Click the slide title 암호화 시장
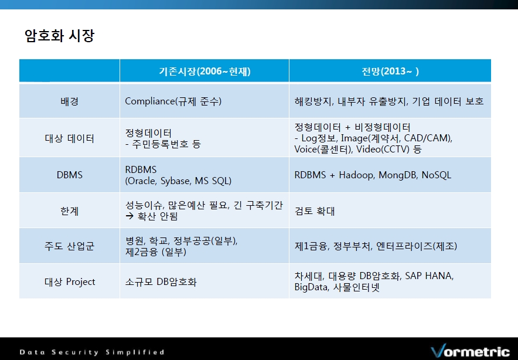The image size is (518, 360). [59, 36]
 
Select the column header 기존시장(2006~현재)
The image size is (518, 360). [205, 71]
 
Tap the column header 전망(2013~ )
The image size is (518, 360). [390, 71]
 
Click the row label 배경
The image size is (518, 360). [69, 101]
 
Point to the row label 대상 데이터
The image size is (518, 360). [69, 138]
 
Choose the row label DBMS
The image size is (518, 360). [69, 175]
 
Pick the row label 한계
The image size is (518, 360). [69, 211]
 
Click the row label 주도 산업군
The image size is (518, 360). [69, 246]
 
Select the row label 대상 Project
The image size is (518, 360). [70, 281]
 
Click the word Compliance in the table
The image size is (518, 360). [149, 101]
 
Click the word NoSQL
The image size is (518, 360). [437, 175]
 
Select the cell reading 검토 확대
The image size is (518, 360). [315, 211]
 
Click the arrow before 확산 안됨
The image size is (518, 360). [129, 216]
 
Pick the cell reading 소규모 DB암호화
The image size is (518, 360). [161, 281]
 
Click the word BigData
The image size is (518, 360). [311, 287]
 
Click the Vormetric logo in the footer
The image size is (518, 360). [470, 351]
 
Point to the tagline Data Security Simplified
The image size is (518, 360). [92, 352]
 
